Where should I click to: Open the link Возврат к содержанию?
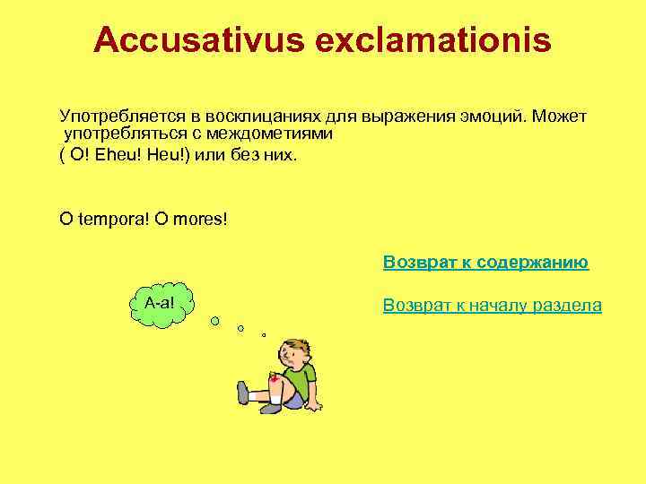(485, 263)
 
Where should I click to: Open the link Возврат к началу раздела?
(492, 306)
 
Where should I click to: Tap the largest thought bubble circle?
(215, 321)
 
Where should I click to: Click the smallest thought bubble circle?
(264, 335)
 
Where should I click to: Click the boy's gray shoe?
(242, 392)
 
